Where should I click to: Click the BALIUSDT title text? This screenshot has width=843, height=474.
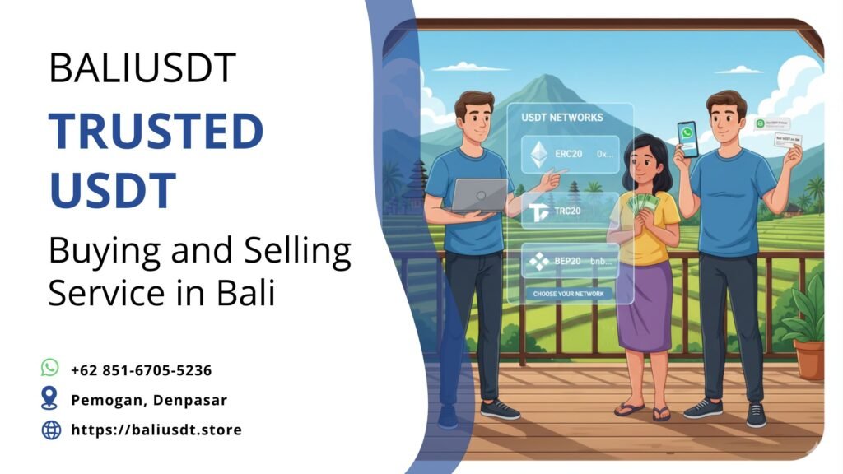click(x=142, y=67)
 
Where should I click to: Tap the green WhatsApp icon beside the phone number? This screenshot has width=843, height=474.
click(x=50, y=368)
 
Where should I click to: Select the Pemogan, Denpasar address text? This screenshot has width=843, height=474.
click(x=149, y=400)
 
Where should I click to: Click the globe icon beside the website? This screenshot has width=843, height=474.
click(x=51, y=429)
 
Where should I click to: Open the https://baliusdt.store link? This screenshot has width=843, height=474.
click(x=156, y=430)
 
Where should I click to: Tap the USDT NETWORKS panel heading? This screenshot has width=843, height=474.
click(x=562, y=118)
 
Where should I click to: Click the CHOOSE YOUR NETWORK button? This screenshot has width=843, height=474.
click(x=569, y=293)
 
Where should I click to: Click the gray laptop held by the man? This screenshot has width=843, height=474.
click(x=480, y=194)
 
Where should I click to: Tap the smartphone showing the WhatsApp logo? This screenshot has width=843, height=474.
click(x=687, y=138)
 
